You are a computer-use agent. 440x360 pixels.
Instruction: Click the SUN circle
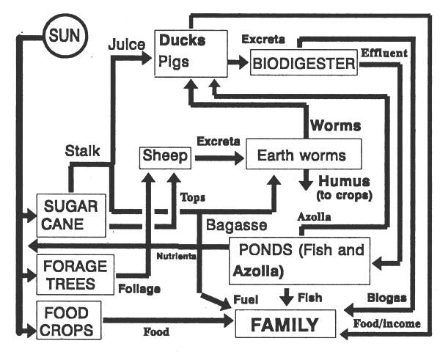coord(64,34)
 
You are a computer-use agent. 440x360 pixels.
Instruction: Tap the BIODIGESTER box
coord(304,63)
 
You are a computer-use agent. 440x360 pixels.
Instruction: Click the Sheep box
coord(160,157)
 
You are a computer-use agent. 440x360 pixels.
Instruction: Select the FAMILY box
coord(286,325)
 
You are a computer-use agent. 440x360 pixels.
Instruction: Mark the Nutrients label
coord(175,255)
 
